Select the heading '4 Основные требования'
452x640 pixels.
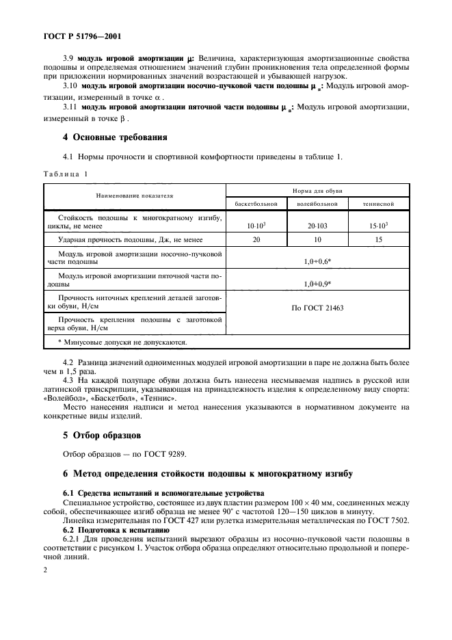114,137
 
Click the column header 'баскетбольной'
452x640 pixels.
256,204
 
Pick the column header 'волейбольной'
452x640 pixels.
317,204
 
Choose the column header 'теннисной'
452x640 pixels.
378,204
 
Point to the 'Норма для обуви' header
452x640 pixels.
317,189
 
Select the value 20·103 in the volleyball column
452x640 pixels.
317,225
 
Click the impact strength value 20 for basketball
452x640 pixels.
256,240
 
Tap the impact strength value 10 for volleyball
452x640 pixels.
317,240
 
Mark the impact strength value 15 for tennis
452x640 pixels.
378,240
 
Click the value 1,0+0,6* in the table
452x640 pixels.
317,261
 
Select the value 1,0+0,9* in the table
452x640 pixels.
317,284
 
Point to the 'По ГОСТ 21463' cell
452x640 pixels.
317,308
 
